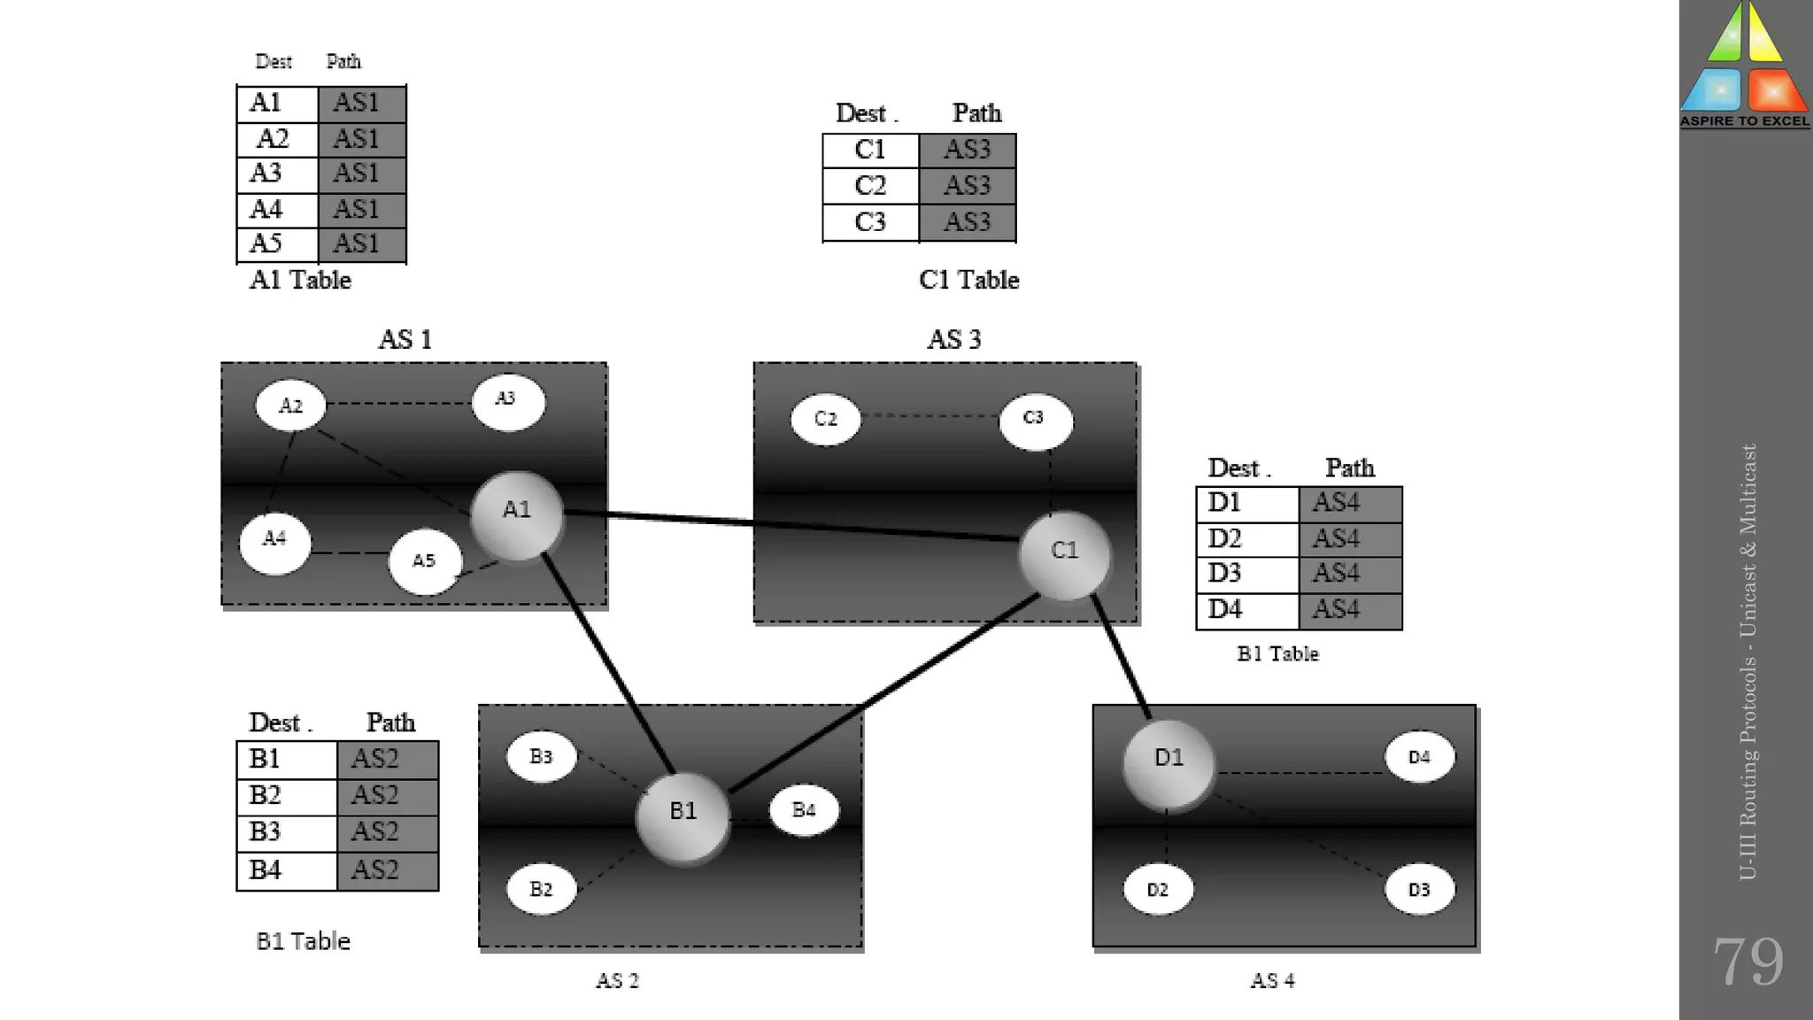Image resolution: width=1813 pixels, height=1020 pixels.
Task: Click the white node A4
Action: [275, 541]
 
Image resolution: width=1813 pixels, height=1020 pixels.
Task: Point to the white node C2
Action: [825, 420]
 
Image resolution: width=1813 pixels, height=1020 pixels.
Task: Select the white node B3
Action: [541, 758]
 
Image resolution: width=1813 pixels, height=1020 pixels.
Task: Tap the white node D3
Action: [1419, 890]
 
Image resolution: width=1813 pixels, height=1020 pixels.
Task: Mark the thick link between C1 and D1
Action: [1122, 657]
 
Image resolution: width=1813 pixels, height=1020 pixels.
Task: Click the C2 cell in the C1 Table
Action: [870, 186]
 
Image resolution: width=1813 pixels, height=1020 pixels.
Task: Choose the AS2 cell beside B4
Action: [388, 870]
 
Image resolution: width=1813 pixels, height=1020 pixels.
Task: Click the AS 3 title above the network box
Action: [953, 339]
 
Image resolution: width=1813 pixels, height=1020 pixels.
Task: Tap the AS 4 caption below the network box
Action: [1272, 980]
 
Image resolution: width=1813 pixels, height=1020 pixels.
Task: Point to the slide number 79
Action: [1747, 962]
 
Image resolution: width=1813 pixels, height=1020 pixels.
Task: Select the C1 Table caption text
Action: [969, 280]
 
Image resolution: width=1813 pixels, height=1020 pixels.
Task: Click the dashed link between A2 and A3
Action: [398, 404]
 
